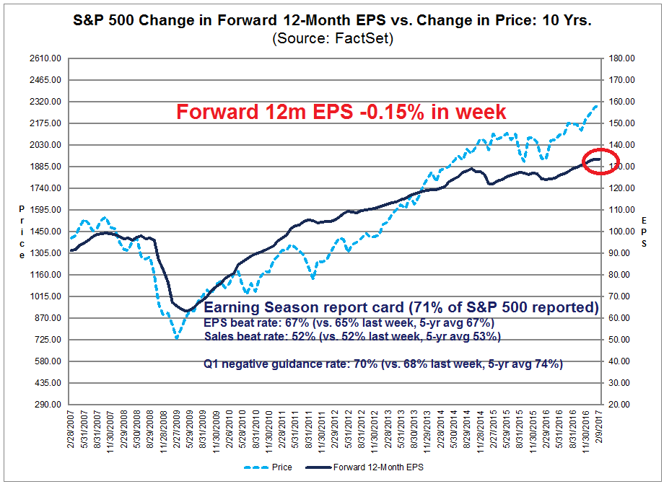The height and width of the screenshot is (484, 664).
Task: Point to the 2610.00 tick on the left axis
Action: click(44, 58)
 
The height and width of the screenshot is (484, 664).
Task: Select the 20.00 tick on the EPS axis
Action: click(621, 405)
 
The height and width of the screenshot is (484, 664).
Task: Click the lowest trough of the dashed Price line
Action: click(175, 338)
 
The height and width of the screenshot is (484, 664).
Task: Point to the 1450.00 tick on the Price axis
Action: click(44, 232)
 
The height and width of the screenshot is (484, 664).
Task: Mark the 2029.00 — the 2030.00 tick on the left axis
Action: click(44, 145)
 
